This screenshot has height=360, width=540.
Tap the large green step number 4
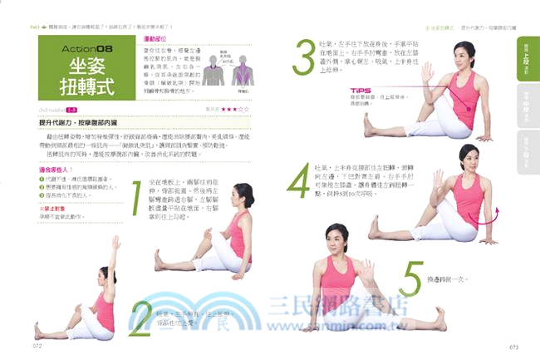[x=298, y=180]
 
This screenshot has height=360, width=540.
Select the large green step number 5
[x=410, y=279]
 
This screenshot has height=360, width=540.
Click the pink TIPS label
[x=360, y=91]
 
